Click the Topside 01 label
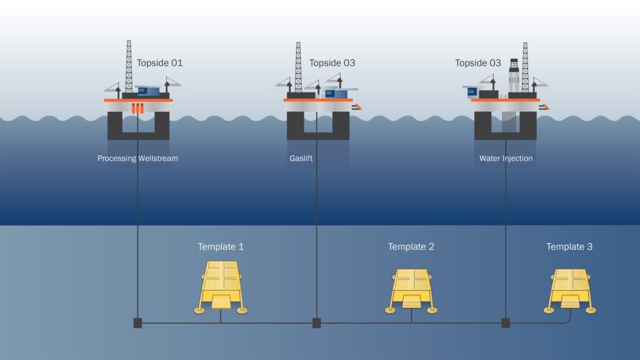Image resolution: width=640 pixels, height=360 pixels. pyautogui.click(x=159, y=63)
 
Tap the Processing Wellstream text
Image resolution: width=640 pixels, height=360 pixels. pyautogui.click(x=137, y=159)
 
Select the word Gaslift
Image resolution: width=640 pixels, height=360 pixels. pyautogui.click(x=301, y=159)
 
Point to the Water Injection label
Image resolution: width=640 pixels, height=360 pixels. pyautogui.click(x=506, y=159)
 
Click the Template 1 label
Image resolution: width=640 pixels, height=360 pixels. pyautogui.click(x=221, y=247)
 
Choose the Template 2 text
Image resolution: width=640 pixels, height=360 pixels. pyautogui.click(x=411, y=247)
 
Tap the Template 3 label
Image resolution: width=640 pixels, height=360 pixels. pyautogui.click(x=569, y=247)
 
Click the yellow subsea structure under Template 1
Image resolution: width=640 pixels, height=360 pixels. pyautogui.click(x=221, y=285)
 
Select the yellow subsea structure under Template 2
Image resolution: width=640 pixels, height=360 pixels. pyautogui.click(x=411, y=289)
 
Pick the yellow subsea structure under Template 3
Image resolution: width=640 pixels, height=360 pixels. pyautogui.click(x=570, y=289)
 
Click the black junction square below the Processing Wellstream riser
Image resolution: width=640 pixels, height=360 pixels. pyautogui.click(x=137, y=323)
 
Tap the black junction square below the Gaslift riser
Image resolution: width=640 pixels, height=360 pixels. pyautogui.click(x=317, y=323)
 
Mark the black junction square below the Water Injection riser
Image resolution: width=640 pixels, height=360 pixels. pyautogui.click(x=506, y=323)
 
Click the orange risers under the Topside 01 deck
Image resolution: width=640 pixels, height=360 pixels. pyautogui.click(x=137, y=108)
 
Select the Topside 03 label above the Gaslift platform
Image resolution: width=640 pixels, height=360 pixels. pyautogui.click(x=332, y=63)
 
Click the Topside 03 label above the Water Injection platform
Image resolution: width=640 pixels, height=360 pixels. pyautogui.click(x=477, y=63)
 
